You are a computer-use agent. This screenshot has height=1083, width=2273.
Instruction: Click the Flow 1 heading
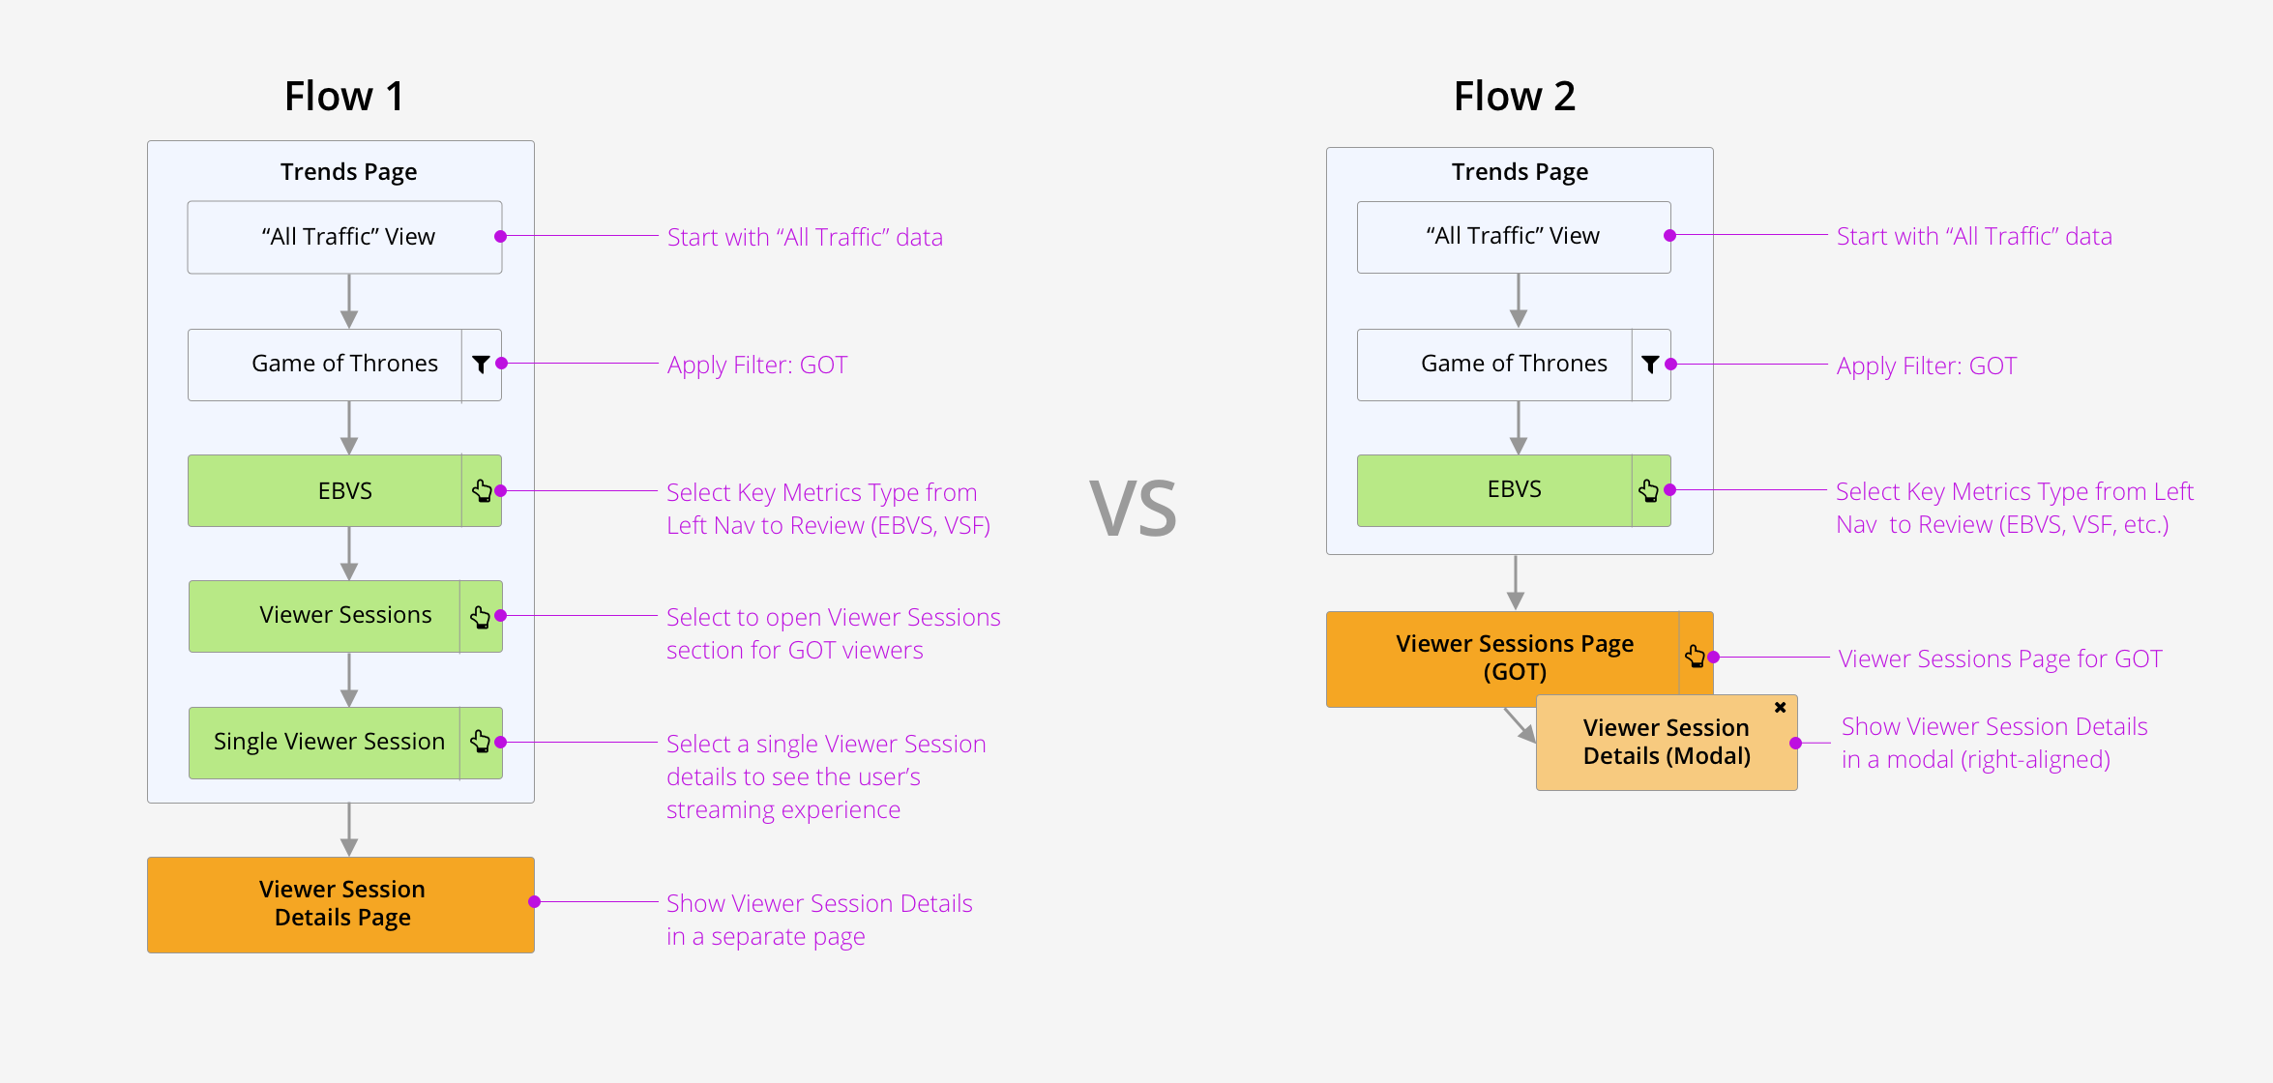(344, 96)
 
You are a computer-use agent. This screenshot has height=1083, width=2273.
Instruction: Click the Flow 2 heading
(1515, 96)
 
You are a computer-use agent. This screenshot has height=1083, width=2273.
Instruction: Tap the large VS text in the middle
(1133, 509)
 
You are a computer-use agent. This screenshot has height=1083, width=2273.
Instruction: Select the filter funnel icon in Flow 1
(481, 364)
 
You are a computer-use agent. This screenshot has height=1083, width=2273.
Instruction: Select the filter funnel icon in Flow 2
(1650, 364)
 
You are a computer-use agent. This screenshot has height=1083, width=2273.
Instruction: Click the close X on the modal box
(1780, 708)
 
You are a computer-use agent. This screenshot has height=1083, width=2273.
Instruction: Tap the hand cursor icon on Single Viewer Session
(480, 742)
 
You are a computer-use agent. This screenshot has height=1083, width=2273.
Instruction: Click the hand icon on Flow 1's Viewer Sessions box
(480, 616)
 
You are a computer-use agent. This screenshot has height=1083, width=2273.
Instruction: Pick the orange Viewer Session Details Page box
(340, 905)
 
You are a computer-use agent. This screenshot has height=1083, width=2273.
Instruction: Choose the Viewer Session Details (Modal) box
(1667, 743)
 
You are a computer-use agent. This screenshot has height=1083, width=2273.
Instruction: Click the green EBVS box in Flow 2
(1514, 490)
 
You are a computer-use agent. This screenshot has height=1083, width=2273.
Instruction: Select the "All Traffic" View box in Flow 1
(344, 237)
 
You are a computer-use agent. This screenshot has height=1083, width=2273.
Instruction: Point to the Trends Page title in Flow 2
(1520, 172)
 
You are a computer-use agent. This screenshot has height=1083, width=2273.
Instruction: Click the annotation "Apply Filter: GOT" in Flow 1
(757, 366)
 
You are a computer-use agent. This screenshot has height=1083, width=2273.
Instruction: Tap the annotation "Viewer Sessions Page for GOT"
(2000, 659)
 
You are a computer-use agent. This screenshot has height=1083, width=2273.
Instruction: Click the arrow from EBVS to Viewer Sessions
(349, 553)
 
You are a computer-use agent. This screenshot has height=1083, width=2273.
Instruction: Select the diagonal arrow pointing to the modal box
(1520, 724)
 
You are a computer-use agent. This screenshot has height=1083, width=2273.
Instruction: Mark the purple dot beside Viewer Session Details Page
(534, 902)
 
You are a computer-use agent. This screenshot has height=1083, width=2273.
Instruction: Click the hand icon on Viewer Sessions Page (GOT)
(1695, 657)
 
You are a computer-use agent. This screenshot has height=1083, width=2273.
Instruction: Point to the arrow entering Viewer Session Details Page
(349, 830)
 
